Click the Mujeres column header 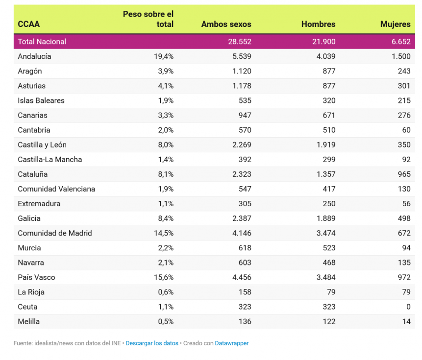[x=395, y=24]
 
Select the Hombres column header [x=318, y=24]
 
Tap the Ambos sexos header [x=226, y=24]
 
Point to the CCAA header [x=28, y=24]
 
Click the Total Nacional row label [x=42, y=42]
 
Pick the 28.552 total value [x=239, y=42]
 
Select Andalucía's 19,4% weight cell [x=164, y=56]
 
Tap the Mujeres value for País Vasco [x=404, y=277]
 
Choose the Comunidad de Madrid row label [x=55, y=233]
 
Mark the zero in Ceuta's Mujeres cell [x=408, y=307]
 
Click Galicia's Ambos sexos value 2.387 [x=242, y=218]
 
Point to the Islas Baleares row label [x=41, y=100]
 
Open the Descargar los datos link [x=152, y=343]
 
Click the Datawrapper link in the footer [x=231, y=343]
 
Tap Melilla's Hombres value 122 [x=329, y=321]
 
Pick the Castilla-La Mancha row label [x=50, y=159]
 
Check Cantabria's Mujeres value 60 [x=406, y=130]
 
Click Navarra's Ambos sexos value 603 [x=244, y=263]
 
